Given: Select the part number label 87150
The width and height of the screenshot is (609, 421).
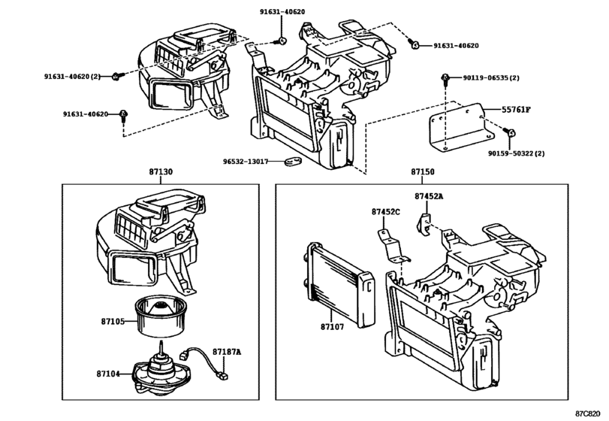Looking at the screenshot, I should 422,172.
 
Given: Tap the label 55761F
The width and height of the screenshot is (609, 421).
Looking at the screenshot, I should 517,110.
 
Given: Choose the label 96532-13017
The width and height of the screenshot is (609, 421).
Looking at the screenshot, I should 249,160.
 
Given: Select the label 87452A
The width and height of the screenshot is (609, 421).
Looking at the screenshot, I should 430,196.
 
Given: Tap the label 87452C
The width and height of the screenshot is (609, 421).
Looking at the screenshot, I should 386,213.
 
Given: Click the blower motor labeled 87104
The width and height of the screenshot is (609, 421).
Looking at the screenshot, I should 161,371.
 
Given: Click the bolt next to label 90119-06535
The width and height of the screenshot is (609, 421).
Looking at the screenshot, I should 445,78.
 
